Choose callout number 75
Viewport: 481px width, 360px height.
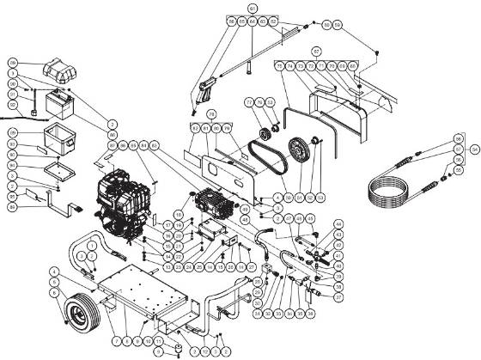coord(278,66)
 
